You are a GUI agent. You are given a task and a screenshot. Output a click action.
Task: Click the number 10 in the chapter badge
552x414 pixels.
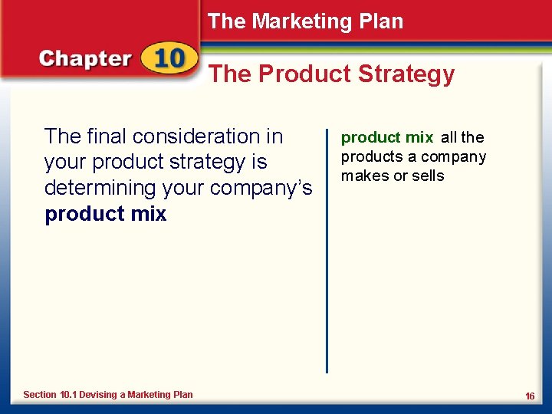tap(168, 60)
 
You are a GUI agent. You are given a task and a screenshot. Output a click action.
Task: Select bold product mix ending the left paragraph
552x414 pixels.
tap(106, 214)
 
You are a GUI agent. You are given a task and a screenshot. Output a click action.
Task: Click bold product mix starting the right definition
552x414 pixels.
tap(387, 138)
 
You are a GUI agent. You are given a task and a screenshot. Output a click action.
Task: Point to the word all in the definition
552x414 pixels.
tap(449, 138)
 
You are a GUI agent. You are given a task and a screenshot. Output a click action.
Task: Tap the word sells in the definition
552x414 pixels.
tap(428, 176)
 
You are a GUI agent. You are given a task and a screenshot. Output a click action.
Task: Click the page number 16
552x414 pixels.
tap(529, 396)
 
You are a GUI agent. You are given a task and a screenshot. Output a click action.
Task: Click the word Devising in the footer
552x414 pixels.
tap(97, 395)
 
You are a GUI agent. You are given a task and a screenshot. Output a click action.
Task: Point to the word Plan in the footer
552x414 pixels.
tap(183, 395)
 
